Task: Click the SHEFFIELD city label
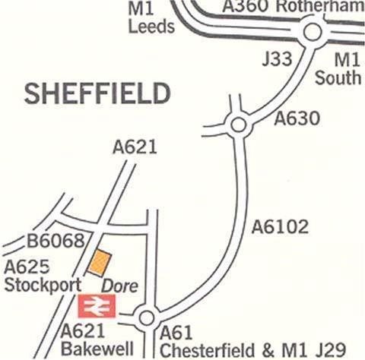point(97,93)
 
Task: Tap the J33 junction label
point(277,59)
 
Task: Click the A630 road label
point(297,119)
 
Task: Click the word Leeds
point(152,27)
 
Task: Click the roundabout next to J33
point(312,33)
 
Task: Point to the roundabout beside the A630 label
point(238,123)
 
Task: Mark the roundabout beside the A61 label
point(146,317)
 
